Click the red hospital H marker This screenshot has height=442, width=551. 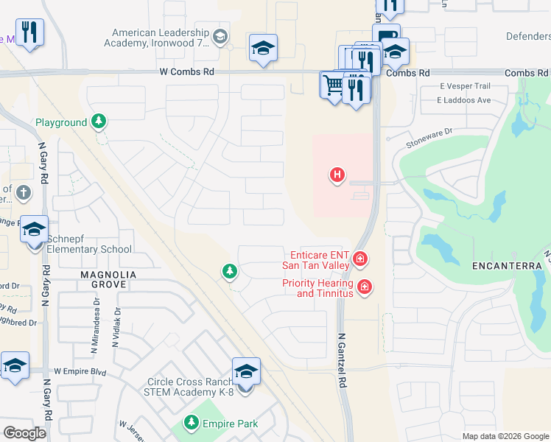[x=337, y=175]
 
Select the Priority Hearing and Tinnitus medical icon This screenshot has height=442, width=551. [x=363, y=287]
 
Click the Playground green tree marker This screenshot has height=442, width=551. [x=98, y=122]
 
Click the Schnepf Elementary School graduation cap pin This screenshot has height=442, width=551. [x=35, y=230]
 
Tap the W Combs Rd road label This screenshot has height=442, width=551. [x=186, y=72]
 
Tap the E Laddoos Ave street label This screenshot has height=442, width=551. [x=464, y=99]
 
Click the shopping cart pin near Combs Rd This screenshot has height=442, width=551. [x=333, y=85]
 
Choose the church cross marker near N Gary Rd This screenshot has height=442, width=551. [x=23, y=193]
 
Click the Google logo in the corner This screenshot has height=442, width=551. [x=24, y=433]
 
